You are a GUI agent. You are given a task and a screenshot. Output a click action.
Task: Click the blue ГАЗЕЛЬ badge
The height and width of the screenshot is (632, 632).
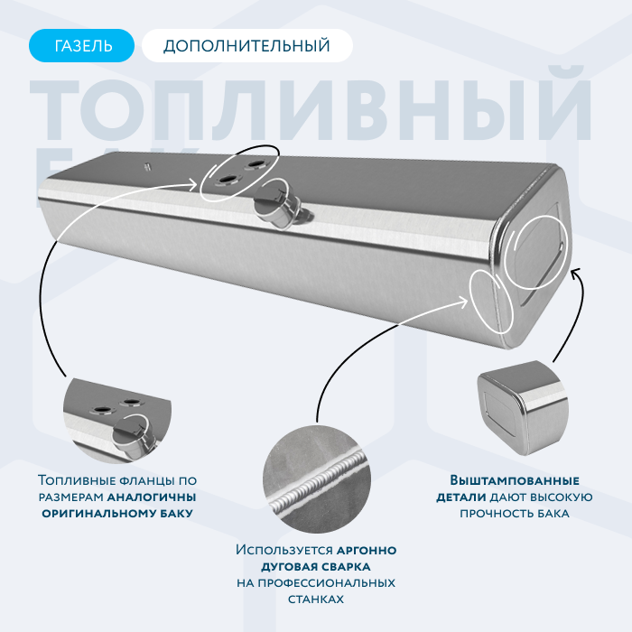coord(81,45)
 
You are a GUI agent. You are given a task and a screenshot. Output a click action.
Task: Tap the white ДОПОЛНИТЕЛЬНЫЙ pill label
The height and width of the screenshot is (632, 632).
coord(247,45)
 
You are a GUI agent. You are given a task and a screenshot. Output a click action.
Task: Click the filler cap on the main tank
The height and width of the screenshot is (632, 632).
coord(274,205)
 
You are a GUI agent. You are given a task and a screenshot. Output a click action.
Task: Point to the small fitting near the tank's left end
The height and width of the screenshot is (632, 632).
coord(147,166)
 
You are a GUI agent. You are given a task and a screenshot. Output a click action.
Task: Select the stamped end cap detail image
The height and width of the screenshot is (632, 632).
coord(523,408)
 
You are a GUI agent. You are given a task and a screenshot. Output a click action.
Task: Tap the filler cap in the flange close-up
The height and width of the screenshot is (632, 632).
coord(130,436)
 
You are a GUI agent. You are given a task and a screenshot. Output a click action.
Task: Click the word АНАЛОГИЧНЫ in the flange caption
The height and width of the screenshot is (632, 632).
coord(152,497)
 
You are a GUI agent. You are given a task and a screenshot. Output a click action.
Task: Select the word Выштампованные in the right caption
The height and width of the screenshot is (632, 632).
coord(515,480)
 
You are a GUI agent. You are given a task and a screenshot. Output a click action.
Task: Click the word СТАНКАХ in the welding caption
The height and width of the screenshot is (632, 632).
coord(316,599)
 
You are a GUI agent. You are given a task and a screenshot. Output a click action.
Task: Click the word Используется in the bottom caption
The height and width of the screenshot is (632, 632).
coord(284,550)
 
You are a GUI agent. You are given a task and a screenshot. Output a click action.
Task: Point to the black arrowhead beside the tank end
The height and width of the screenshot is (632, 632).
coord(576,272)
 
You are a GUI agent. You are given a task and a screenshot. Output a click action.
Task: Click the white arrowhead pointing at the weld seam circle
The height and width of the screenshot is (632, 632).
coord(463,301)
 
